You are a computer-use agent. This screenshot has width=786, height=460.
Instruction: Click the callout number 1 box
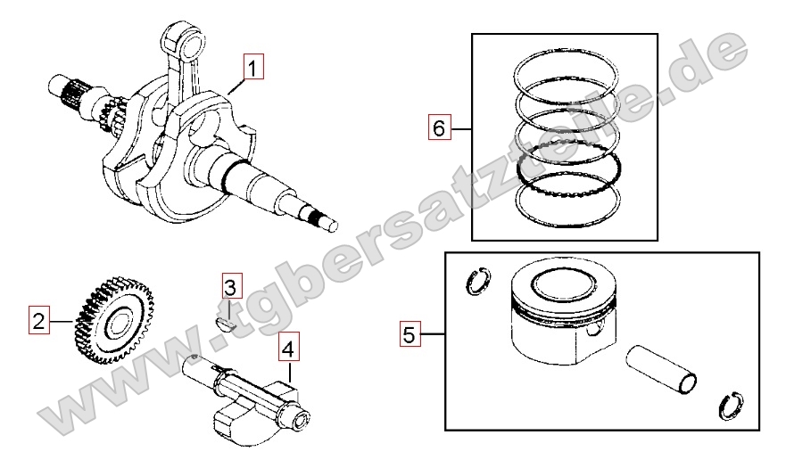point(253,67)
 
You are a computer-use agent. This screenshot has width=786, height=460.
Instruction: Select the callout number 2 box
point(38,320)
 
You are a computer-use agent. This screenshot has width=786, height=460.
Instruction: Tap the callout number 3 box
point(233,286)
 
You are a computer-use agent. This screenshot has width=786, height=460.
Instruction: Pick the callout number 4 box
point(289,346)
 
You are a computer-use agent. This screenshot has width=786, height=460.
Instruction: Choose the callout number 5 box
point(410,333)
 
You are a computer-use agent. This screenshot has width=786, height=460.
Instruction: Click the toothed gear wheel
point(114,319)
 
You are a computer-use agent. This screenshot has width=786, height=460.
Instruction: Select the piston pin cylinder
point(661,369)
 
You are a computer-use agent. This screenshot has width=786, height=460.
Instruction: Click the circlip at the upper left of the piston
point(478,282)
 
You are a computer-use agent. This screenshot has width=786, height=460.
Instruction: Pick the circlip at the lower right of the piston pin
point(732,406)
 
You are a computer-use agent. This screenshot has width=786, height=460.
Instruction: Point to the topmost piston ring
point(567,73)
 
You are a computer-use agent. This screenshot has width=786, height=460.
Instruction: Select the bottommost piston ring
point(569,199)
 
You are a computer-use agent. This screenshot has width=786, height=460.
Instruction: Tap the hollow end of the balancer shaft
point(302,420)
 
